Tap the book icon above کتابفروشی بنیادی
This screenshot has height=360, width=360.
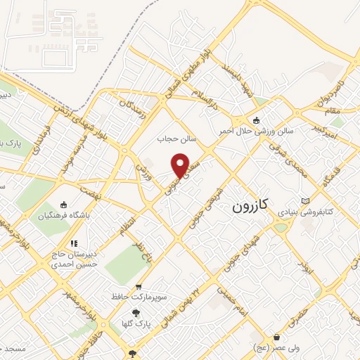click(x=304, y=201)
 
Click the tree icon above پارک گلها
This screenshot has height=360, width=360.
click(x=136, y=314)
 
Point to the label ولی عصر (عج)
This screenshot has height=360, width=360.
click(x=277, y=347)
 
